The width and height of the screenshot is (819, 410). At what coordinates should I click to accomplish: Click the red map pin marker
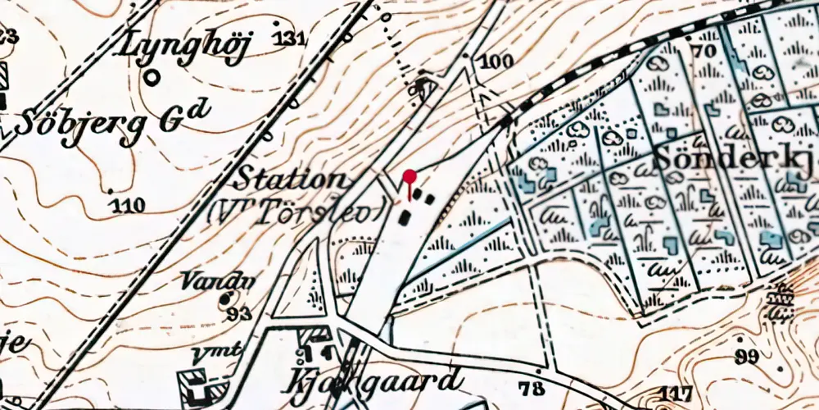coord(409,175)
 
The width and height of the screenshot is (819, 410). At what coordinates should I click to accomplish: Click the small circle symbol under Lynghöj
coord(152,77)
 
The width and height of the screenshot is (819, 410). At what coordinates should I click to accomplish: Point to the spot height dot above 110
coord(112,192)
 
